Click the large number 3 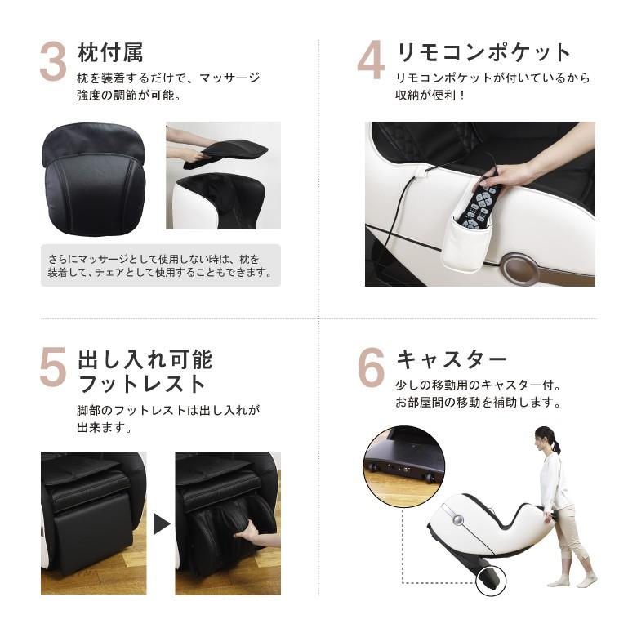pos(53,63)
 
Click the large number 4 pos(371,61)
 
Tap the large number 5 pos(53,368)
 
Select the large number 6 pos(371,368)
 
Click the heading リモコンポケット pos(483,53)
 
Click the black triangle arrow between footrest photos pos(161,523)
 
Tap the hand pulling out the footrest pos(248,535)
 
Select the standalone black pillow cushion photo pos(94,180)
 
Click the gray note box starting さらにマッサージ pos(160,265)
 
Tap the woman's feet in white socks pos(571,581)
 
